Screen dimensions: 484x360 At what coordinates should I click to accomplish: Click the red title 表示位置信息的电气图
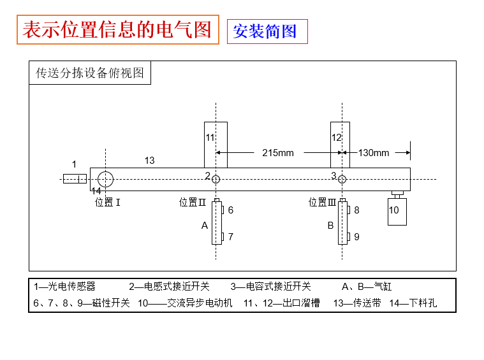pyautogui.click(x=117, y=29)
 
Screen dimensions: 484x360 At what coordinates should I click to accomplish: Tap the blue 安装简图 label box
pyautogui.click(x=267, y=31)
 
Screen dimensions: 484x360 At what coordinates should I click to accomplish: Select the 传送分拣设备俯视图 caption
pyautogui.click(x=90, y=73)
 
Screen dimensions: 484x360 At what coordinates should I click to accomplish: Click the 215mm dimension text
pyautogui.click(x=278, y=153)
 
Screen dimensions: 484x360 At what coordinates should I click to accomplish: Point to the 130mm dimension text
pyautogui.click(x=374, y=153)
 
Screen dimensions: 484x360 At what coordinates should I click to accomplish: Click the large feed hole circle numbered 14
pyautogui.click(x=106, y=171)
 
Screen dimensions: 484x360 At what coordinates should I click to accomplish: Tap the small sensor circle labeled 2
pyautogui.click(x=216, y=175)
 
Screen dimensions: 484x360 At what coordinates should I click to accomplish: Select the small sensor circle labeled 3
pyautogui.click(x=342, y=175)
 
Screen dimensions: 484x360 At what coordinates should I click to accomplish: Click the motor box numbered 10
pyautogui.click(x=397, y=212)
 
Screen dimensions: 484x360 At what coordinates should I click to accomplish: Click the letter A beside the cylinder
pyautogui.click(x=204, y=226)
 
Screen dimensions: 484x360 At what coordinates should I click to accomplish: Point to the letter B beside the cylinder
pyautogui.click(x=330, y=226)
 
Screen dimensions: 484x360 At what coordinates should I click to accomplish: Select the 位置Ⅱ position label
pyautogui.click(x=193, y=203)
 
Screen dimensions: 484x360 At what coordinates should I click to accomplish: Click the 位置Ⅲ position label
pyautogui.click(x=322, y=203)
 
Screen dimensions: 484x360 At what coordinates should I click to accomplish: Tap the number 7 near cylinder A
pyautogui.click(x=231, y=236)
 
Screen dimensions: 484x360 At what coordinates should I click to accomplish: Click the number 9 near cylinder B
pyautogui.click(x=356, y=236)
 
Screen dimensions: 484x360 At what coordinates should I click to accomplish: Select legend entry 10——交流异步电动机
pyautogui.click(x=185, y=303)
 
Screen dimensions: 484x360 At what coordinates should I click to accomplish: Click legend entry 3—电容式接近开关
pyautogui.click(x=271, y=287)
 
